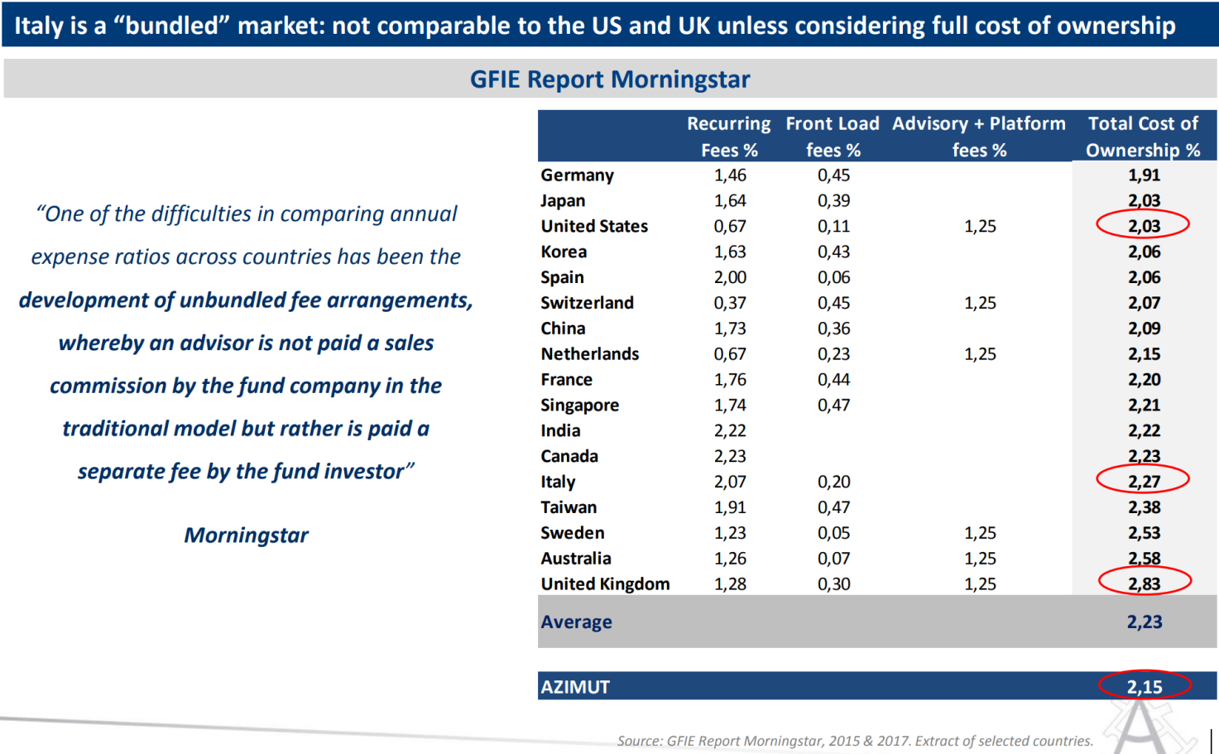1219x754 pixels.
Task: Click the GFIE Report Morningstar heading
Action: [610, 79]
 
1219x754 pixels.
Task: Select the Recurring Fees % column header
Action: [728, 137]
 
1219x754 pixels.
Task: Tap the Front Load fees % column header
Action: [833, 137]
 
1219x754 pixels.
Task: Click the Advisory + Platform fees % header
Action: [979, 137]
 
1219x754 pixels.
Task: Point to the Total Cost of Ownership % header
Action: [1143, 137]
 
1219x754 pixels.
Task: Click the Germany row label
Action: [578, 175]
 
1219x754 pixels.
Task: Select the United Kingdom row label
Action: [605, 584]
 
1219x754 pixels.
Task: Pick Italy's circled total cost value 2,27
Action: [1144, 482]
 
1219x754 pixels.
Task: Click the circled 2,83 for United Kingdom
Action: [1145, 584]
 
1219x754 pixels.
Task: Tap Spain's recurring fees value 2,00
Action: [730, 278]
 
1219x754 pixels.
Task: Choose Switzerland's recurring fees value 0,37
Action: [730, 304]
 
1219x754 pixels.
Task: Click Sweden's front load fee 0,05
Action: [833, 533]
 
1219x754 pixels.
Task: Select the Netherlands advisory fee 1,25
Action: [980, 354]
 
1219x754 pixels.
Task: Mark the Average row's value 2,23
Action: [1145, 622]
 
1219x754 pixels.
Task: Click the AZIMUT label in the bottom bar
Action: [575, 687]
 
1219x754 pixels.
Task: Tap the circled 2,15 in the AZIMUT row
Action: [1145, 687]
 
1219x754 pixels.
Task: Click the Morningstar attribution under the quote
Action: [246, 535]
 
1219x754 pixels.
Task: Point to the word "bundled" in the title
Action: [171, 26]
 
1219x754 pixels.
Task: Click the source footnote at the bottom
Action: [855, 741]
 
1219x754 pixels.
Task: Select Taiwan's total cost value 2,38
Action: [1144, 507]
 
